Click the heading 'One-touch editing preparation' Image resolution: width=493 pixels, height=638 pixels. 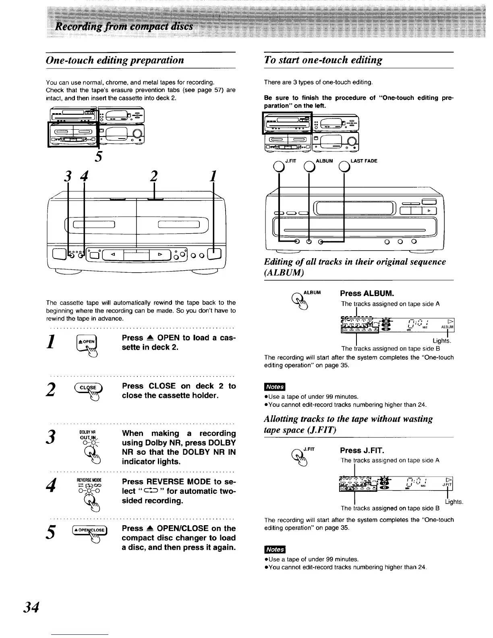pyautogui.click(x=115, y=60)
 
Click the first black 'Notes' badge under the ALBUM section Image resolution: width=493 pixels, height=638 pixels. pyautogui.click(x=274, y=387)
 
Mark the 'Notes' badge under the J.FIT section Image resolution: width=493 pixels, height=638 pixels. pyautogui.click(x=274, y=549)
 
